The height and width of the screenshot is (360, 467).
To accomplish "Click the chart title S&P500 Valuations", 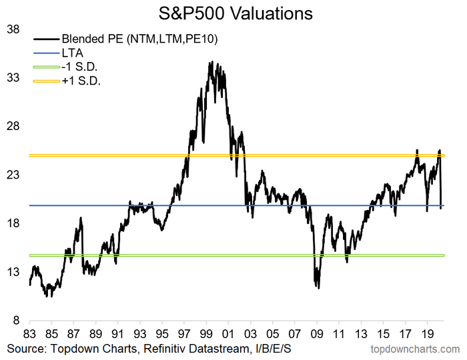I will click(x=234, y=13).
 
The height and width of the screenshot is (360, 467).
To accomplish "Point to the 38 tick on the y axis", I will click(x=13, y=30).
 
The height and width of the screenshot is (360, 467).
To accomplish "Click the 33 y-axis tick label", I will click(x=13, y=78).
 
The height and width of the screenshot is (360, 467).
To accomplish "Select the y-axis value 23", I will click(x=13, y=175).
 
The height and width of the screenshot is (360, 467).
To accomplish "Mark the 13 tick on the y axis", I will click(x=13, y=272).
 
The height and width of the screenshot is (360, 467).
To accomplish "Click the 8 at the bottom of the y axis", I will click(x=15, y=321).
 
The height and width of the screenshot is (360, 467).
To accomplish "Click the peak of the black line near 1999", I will click(x=211, y=62).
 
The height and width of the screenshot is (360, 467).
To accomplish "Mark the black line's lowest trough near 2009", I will click(x=319, y=288).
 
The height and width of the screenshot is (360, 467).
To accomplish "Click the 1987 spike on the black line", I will click(x=81, y=218).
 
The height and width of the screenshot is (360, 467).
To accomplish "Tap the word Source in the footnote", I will click(x=25, y=349).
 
